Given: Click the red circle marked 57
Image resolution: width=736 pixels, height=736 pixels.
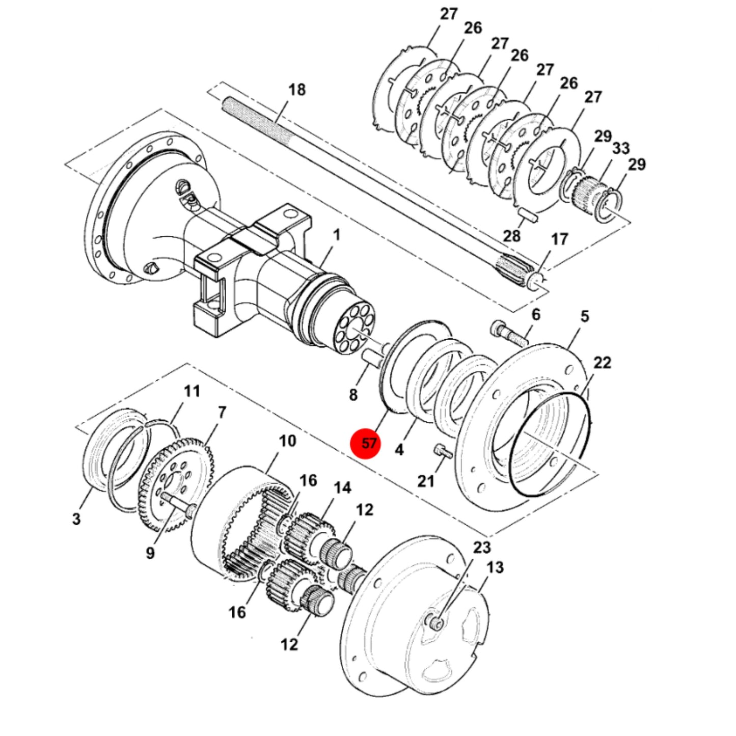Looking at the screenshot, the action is click(x=366, y=444).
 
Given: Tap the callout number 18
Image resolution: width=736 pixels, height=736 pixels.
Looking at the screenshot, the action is click(x=297, y=90).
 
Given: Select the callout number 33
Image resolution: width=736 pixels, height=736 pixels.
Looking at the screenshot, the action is click(x=621, y=148).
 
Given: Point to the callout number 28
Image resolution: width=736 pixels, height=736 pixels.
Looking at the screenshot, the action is click(x=511, y=236).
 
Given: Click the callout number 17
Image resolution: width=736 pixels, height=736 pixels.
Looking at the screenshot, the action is click(x=560, y=239).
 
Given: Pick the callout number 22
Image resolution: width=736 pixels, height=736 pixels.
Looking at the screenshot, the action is click(x=602, y=363).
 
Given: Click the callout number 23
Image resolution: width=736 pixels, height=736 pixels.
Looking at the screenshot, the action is click(x=482, y=548).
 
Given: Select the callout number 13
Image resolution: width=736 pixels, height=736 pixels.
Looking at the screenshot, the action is click(x=495, y=567).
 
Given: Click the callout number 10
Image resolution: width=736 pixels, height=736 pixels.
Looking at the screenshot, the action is click(x=287, y=441).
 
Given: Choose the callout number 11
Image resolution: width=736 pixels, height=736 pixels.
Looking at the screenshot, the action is click(x=192, y=392).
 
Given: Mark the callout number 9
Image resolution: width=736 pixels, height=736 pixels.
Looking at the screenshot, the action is click(x=150, y=553).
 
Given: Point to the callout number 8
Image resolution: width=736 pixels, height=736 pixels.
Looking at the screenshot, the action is click(x=353, y=395).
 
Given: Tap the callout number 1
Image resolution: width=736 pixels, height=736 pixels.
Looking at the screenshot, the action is click(x=336, y=235).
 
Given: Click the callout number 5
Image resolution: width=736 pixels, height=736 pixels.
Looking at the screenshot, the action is click(x=585, y=316).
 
